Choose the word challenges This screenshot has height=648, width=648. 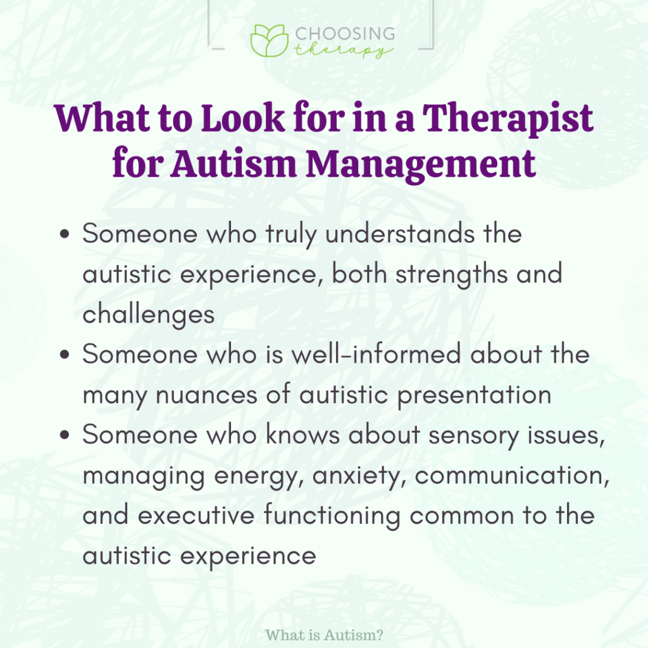point(149,315)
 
